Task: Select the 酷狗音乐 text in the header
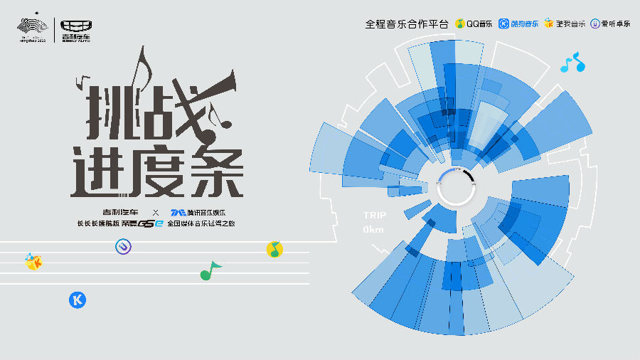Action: [x=525, y=23]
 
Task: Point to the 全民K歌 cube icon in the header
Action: [x=548, y=23]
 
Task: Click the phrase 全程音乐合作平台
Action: [x=407, y=23]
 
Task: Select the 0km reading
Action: [x=373, y=230]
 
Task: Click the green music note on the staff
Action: [x=210, y=270]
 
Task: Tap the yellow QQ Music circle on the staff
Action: [x=274, y=249]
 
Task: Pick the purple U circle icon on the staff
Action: [x=124, y=246]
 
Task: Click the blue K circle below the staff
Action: [x=77, y=300]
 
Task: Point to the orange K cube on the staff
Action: [x=33, y=262]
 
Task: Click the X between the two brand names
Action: [x=156, y=212]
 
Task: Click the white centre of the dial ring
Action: [x=455, y=186]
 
